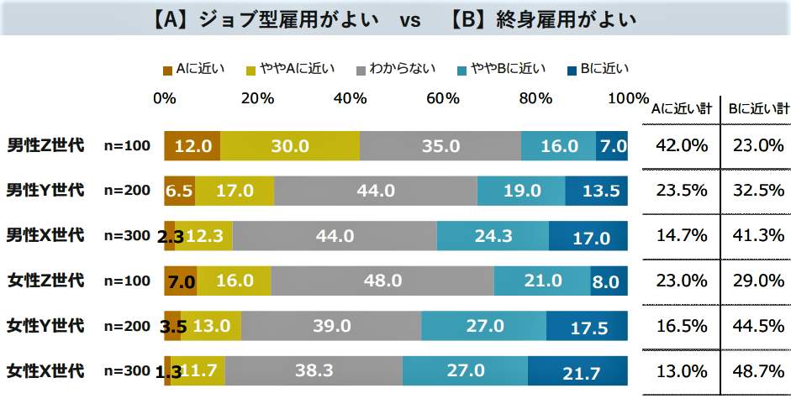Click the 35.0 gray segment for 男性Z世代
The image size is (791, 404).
(x=440, y=146)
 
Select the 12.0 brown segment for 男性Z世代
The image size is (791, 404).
(x=192, y=146)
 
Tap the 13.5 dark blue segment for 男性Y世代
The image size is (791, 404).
(x=597, y=191)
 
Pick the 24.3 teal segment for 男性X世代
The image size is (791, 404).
(x=493, y=236)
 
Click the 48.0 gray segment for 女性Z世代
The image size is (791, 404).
(x=382, y=281)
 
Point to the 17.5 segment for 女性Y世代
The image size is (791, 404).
(x=587, y=326)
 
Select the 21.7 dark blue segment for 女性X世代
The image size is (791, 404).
(x=577, y=371)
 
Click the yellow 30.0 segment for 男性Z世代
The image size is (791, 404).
(x=290, y=146)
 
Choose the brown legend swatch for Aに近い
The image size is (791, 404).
(x=167, y=69)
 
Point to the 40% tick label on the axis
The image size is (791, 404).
(x=350, y=97)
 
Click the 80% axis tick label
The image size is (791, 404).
(x=535, y=97)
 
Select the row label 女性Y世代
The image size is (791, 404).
(x=45, y=324)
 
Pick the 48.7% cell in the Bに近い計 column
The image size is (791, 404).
(x=756, y=371)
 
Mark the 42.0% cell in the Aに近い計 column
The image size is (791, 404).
(x=682, y=146)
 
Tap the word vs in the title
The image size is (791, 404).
(x=409, y=20)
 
